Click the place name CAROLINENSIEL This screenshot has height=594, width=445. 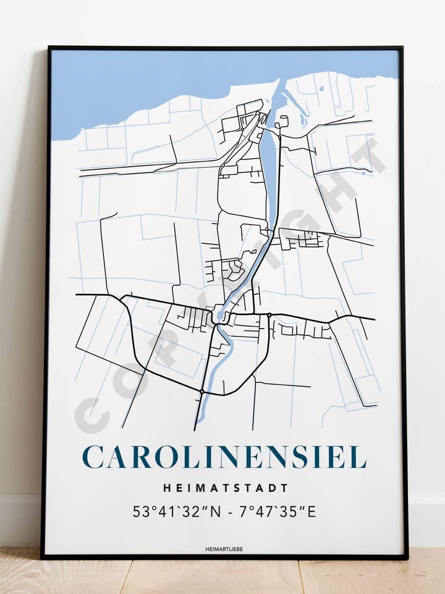(224, 457)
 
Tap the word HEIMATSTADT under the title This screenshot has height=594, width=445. (226, 488)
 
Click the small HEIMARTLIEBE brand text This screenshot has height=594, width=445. (224, 548)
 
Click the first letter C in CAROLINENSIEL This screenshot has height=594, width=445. (93, 457)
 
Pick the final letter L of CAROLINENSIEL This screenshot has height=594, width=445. (358, 457)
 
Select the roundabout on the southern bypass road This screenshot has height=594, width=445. (201, 391)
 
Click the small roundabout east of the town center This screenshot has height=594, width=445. (269, 316)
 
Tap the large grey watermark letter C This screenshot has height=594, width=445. (91, 416)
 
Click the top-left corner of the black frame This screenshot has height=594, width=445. (49, 48)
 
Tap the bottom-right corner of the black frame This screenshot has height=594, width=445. (405, 557)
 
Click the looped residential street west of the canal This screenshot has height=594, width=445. (235, 269)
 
